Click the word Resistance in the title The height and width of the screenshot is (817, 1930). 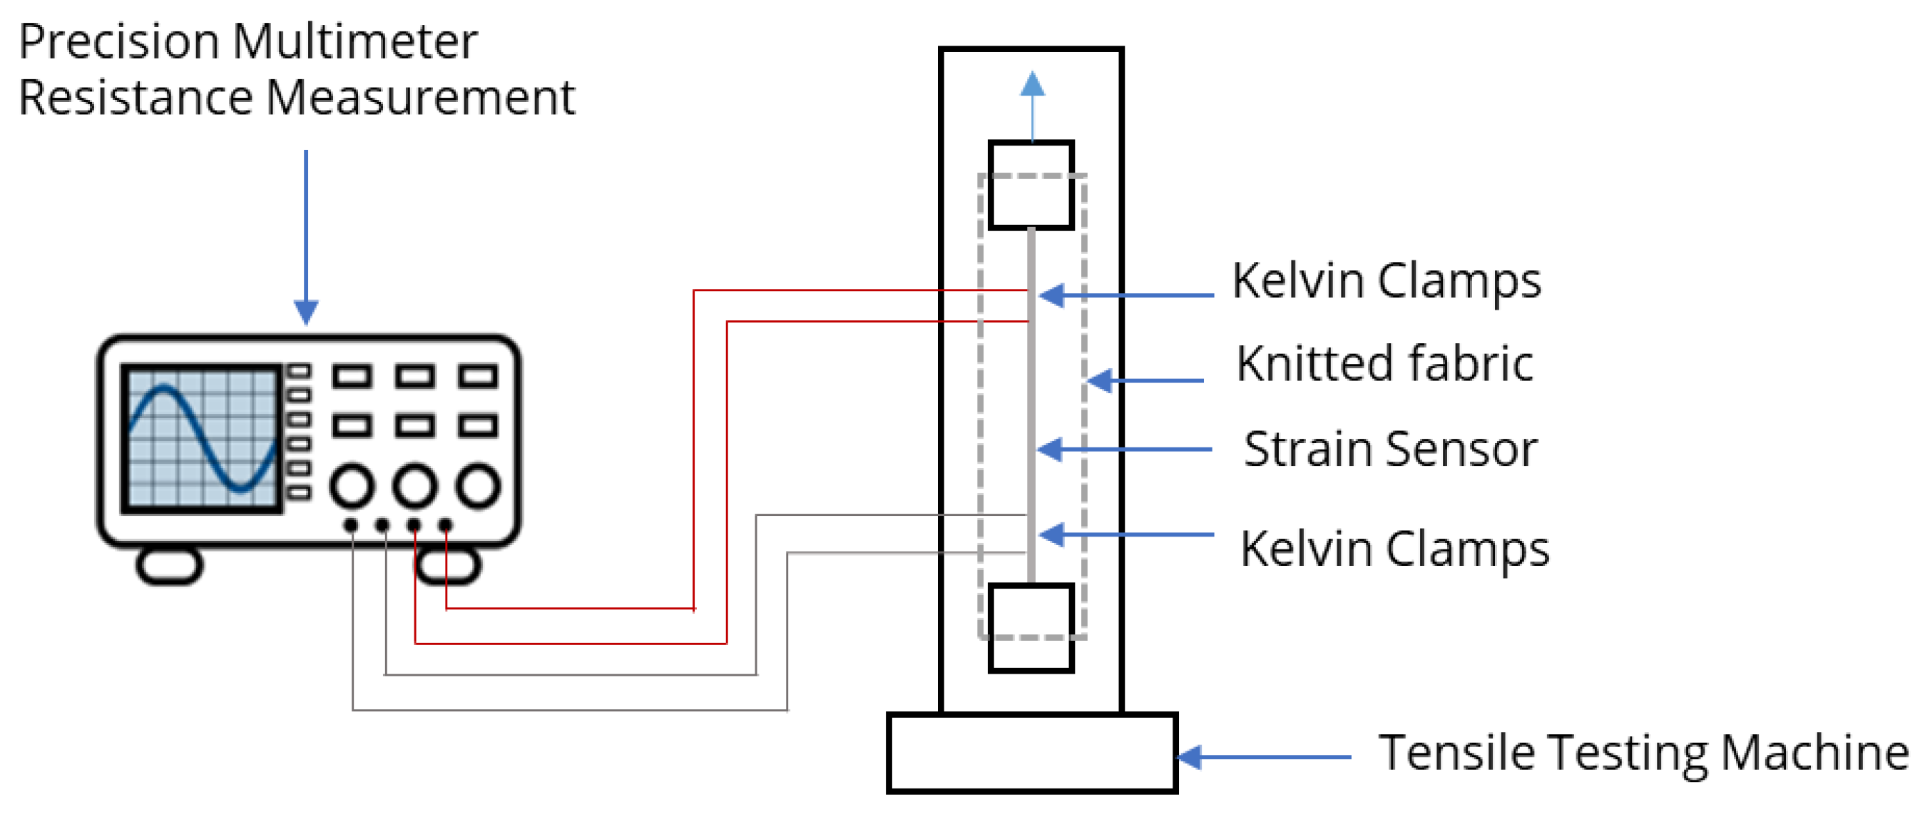pos(136,98)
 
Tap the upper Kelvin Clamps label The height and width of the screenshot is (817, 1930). pos(1386,282)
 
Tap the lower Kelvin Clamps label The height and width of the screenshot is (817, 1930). pos(1394,549)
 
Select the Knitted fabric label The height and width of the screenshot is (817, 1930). pos(1384,365)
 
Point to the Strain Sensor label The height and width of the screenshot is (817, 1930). pos(1391,450)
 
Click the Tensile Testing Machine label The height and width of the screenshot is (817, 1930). pos(1643,753)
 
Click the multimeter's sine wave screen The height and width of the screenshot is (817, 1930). pos(203,439)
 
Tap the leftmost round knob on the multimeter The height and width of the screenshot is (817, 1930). pos(352,486)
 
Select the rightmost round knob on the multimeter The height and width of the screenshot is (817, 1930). pos(478,486)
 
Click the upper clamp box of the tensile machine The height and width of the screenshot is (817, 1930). pos(1031,185)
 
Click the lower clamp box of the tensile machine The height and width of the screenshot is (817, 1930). pos(1031,628)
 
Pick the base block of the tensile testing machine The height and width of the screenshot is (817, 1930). pos(1031,753)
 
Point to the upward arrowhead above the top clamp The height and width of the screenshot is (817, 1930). pos(1033,84)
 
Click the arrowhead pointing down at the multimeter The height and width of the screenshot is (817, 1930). pos(306,311)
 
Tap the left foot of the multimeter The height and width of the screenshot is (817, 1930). pos(169,565)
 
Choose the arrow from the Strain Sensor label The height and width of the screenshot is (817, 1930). pos(1124,450)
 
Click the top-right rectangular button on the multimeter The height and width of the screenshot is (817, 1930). pos(478,375)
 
